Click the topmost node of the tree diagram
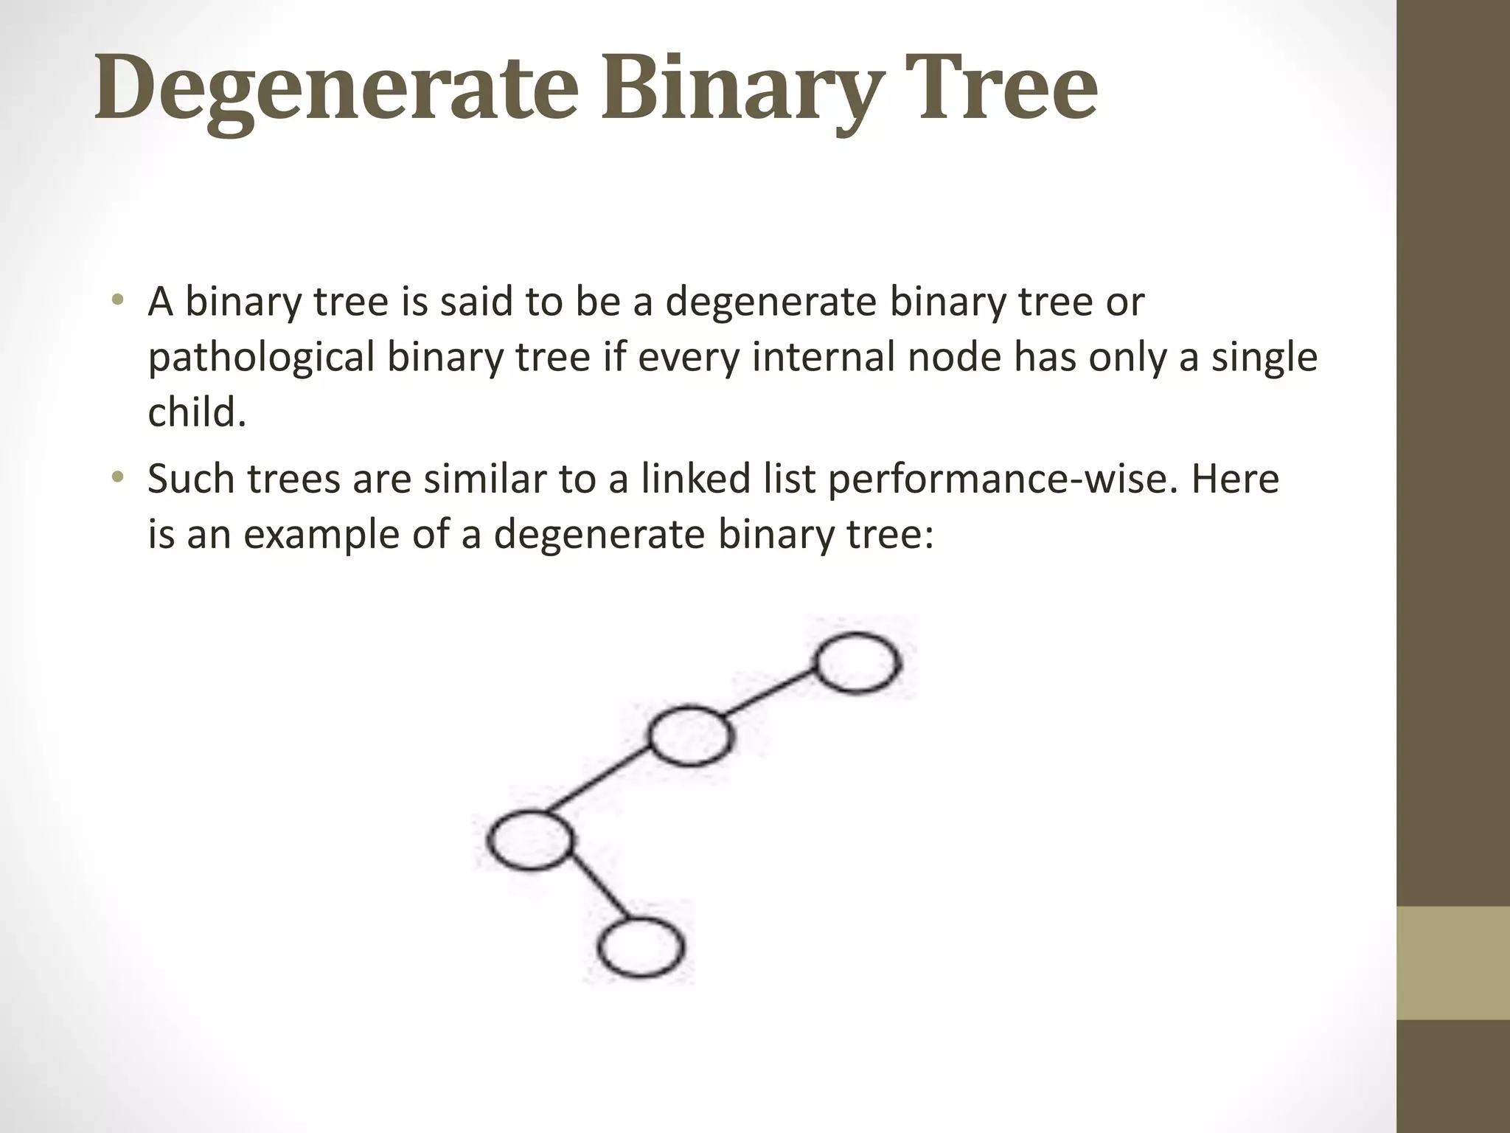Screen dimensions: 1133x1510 coord(857,663)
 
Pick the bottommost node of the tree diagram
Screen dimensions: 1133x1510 coord(640,947)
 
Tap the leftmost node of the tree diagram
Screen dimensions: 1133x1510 coord(529,840)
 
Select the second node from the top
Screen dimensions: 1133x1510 coord(691,735)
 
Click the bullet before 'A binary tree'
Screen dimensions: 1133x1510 coord(117,302)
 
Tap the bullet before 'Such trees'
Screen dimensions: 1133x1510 coord(117,479)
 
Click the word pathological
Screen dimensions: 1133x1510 coord(262,358)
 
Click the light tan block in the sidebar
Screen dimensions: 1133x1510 coord(1453,963)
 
